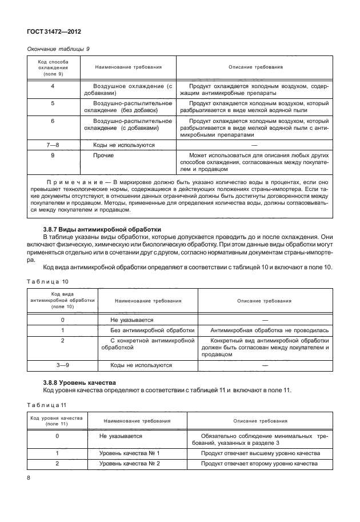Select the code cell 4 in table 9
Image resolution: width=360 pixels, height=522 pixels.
point(53,86)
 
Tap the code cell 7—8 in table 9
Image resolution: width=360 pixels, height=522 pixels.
point(53,145)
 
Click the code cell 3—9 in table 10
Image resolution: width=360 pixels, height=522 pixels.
point(62,365)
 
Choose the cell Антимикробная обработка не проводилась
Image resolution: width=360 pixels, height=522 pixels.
point(270,330)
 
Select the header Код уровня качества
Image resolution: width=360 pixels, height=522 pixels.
point(57,421)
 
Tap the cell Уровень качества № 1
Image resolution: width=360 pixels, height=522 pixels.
point(129,453)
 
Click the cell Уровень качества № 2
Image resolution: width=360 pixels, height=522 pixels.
point(129,464)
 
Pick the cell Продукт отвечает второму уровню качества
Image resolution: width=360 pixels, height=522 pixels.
point(258,464)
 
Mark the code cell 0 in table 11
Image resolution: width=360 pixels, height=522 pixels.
point(57,436)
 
